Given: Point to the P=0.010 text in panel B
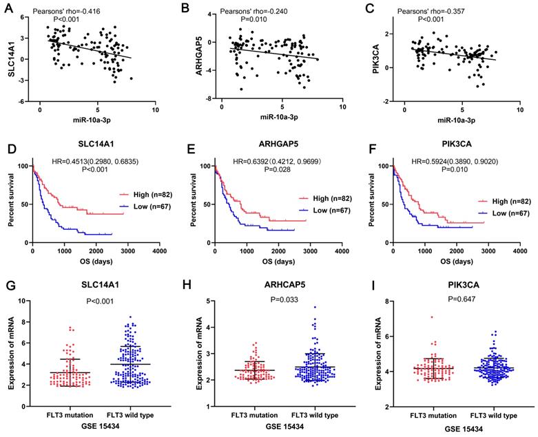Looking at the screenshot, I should click(252, 21).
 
